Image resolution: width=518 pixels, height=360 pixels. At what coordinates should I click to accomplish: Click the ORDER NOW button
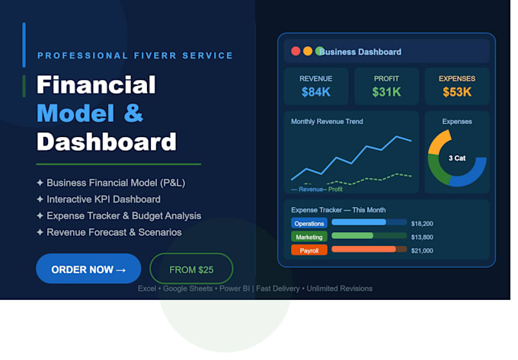click(88, 269)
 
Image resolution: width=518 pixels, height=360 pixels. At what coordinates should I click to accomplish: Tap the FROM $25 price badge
click(191, 269)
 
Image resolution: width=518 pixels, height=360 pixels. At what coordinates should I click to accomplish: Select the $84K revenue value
click(316, 92)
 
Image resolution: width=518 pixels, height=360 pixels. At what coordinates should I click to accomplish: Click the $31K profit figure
click(386, 92)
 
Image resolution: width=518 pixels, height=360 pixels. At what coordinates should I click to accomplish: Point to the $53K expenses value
click(457, 92)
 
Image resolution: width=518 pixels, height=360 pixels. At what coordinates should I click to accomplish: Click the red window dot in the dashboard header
click(296, 51)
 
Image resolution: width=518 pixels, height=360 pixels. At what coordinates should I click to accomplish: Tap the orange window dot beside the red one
click(308, 51)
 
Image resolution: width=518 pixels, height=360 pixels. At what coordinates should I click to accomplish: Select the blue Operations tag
click(309, 224)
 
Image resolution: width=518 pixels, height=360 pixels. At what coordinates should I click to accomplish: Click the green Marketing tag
click(309, 237)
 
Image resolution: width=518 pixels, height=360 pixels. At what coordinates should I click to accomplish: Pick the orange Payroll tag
click(309, 250)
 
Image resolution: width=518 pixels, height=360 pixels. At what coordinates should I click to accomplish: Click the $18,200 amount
click(422, 224)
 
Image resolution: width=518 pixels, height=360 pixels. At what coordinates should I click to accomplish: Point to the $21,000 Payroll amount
click(422, 250)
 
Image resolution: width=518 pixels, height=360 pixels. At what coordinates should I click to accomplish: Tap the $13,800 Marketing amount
click(422, 237)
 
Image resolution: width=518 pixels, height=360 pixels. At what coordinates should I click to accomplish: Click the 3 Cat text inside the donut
click(457, 158)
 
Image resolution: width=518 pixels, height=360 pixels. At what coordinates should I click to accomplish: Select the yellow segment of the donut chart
click(436, 142)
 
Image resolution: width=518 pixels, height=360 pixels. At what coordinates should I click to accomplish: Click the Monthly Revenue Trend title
click(327, 122)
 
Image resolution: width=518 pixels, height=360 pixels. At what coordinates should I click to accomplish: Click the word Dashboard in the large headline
click(107, 142)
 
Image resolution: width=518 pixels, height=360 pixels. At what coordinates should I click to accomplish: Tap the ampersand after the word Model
click(133, 113)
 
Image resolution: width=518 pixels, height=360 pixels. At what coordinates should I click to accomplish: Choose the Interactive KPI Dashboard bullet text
click(104, 199)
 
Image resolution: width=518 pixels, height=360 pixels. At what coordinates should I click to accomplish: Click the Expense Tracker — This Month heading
click(338, 210)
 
